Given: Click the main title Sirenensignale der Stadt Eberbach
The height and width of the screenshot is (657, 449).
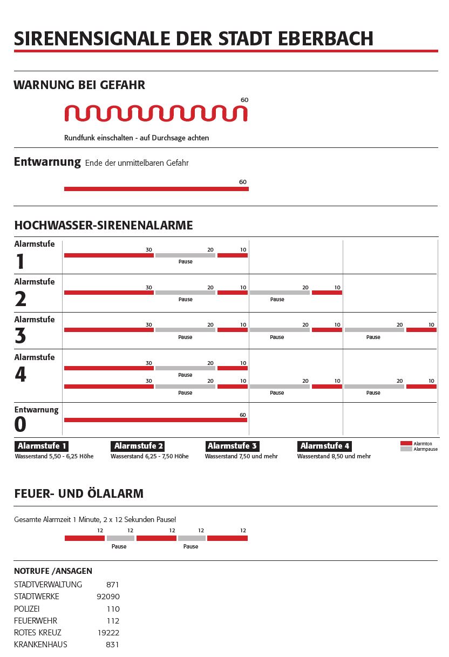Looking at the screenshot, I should click(193, 38).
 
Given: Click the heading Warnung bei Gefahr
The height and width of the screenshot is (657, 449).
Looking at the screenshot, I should click(79, 85).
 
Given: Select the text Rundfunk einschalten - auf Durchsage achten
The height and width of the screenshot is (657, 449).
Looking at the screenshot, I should click(137, 138).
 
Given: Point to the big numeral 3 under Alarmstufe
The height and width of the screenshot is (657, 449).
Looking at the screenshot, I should click(20, 336).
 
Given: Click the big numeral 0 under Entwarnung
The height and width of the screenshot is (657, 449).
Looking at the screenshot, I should click(20, 425).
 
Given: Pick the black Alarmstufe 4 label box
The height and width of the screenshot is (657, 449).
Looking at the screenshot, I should click(325, 446).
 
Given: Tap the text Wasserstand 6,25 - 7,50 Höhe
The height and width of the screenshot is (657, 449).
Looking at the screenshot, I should click(149, 456).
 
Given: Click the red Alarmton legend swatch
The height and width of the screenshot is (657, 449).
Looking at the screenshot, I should click(406, 443).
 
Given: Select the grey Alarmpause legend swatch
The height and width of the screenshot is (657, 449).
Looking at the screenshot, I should click(406, 449).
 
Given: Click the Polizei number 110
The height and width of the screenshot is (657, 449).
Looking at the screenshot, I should click(113, 609).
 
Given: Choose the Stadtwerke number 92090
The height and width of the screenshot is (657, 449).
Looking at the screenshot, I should click(108, 597).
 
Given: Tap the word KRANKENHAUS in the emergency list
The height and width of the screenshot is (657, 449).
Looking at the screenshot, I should click(40, 645).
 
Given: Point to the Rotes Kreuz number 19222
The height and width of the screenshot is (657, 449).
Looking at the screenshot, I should click(108, 633).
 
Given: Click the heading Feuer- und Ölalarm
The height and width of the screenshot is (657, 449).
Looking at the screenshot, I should click(79, 493).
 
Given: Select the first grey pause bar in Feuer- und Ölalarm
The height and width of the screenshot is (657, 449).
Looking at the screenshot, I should click(120, 538).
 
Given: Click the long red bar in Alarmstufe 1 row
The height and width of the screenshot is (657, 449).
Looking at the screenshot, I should click(108, 255).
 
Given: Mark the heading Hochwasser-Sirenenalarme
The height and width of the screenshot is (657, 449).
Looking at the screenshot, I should click(103, 225).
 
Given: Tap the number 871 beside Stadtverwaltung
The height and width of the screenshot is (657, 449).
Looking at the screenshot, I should click(113, 585).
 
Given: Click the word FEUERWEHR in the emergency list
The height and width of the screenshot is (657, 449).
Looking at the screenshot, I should click(36, 621).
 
